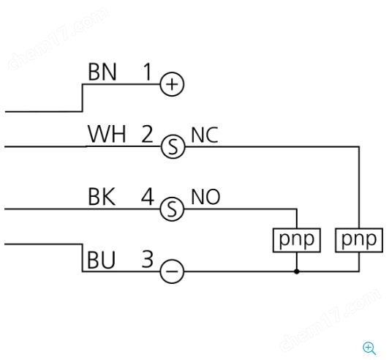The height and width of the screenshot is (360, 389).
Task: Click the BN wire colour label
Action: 102,72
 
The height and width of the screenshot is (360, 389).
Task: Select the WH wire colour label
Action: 107,134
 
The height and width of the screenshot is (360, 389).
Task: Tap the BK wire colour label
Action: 102,197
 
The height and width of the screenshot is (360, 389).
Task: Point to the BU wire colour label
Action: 101,260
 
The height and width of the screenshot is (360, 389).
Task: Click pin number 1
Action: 148,72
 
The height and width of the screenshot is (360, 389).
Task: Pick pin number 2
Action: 147,134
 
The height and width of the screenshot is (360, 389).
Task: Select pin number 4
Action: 148,197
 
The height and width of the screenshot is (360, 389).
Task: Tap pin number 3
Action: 148,259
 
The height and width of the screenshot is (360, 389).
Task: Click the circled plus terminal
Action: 172,84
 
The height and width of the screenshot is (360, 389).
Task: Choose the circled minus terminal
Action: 172,271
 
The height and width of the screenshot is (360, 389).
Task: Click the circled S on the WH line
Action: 173,146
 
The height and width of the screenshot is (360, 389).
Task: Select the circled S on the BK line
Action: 172,209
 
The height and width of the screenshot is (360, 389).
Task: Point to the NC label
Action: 205,135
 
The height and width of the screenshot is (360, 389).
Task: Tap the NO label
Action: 205,197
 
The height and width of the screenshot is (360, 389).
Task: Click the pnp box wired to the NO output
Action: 297,240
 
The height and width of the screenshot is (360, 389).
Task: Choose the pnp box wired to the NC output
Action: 359,240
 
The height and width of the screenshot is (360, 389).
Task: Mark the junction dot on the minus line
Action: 297,271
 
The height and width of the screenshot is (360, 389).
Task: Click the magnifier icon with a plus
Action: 369,348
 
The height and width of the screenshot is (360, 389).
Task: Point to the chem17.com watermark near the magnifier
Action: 330,320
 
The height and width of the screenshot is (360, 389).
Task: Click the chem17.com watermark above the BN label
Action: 58,39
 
